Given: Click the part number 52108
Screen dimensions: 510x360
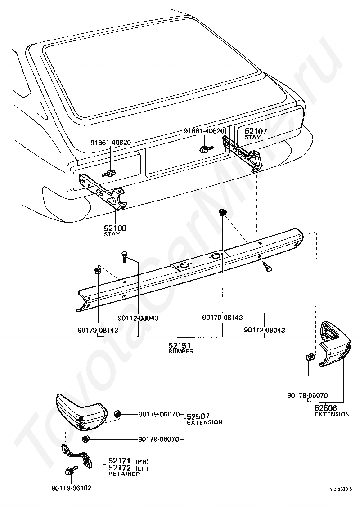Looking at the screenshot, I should click(x=115, y=228).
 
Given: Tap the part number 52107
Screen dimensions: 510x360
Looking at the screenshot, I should click(x=256, y=131).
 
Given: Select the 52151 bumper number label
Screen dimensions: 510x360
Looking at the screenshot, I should click(x=180, y=345).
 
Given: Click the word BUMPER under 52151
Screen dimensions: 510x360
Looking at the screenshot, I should click(x=181, y=352).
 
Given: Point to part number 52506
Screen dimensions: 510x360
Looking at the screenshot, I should click(x=325, y=408).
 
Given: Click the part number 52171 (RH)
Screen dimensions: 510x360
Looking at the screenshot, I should click(x=119, y=461).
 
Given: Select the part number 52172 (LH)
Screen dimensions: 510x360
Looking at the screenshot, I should click(x=119, y=468).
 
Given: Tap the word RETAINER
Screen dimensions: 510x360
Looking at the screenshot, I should click(x=124, y=474).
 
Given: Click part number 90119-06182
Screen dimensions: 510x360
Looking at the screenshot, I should click(x=72, y=488).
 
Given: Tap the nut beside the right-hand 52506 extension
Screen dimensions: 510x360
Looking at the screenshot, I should click(x=310, y=358).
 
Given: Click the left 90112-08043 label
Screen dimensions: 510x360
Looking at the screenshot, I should click(x=138, y=318).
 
